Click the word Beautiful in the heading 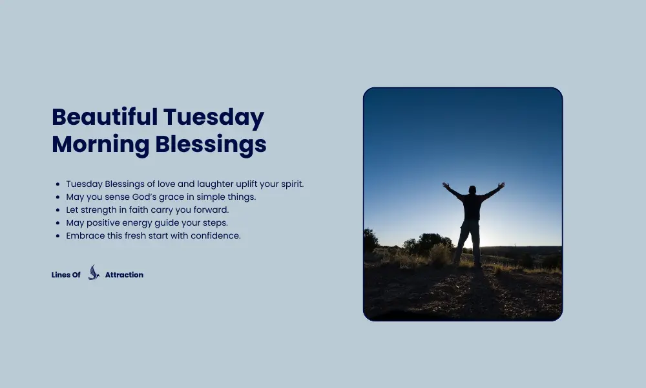coord(104,118)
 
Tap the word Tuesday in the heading coord(213,118)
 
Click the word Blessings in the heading coord(211,144)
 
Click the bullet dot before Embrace coord(58,236)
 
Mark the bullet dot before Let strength coord(58,210)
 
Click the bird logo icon coord(94,273)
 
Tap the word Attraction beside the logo coord(124,275)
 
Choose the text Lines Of coord(66,275)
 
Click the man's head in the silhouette coord(472,190)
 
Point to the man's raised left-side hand coord(445,186)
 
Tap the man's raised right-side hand coord(501,186)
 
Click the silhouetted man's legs coord(469,242)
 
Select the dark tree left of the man coord(426,243)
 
